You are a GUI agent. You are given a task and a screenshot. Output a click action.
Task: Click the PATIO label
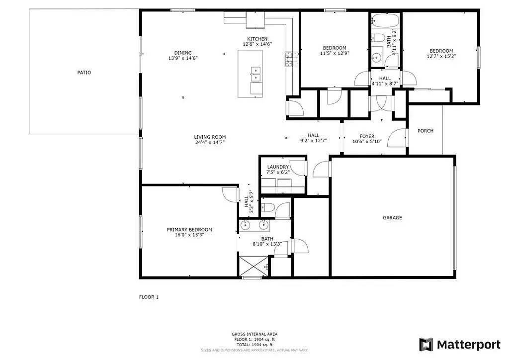tap(84, 73)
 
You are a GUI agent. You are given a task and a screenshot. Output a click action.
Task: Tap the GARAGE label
tap(392, 218)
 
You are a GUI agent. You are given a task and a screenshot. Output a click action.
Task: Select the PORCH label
tap(425, 131)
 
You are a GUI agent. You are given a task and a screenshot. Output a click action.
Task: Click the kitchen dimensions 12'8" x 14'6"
tap(257, 44)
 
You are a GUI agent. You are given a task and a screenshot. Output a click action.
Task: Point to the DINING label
tap(182, 53)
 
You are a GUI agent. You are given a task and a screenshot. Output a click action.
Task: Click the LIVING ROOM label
tap(210, 137)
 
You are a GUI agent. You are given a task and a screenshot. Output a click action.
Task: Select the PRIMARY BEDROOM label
tap(189, 230)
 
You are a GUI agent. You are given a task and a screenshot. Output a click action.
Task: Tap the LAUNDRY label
tap(278, 167)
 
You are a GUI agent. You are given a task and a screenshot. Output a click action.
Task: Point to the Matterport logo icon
tap(426, 345)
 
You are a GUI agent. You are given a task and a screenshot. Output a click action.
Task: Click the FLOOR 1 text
tap(149, 297)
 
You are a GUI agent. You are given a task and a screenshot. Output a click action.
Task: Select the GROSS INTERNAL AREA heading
tap(254, 334)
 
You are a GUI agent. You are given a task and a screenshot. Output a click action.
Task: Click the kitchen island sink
tap(255, 74)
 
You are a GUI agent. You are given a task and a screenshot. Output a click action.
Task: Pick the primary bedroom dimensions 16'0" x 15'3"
tap(189, 235)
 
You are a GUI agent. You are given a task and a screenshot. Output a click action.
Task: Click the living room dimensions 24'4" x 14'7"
tap(210, 142)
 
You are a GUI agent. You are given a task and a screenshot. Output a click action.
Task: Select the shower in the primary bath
tap(254, 266)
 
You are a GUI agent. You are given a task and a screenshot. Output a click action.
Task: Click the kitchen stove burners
tap(289, 59)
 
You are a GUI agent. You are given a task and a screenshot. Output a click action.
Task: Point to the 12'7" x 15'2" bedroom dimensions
tap(441, 56)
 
